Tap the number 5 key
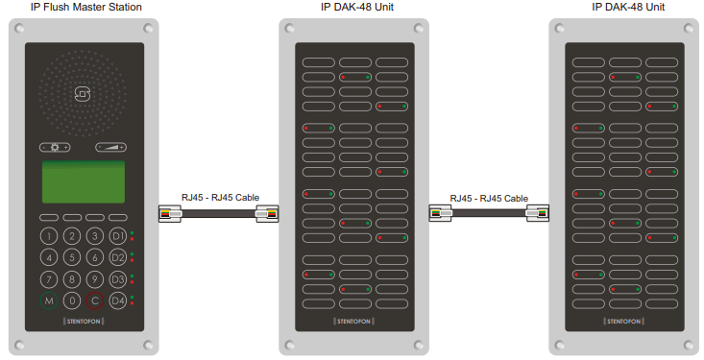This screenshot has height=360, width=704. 71,257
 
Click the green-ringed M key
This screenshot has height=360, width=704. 48,300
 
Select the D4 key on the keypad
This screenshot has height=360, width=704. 117,300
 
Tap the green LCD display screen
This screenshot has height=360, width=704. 83,181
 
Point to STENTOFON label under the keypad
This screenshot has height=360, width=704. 83,321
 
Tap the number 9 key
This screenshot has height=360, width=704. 94,279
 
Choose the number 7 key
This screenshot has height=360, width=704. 48,279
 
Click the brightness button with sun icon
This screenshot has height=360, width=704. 55,148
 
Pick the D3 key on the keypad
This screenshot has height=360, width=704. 117,279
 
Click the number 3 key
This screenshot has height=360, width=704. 94,236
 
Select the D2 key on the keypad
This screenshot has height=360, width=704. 117,257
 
